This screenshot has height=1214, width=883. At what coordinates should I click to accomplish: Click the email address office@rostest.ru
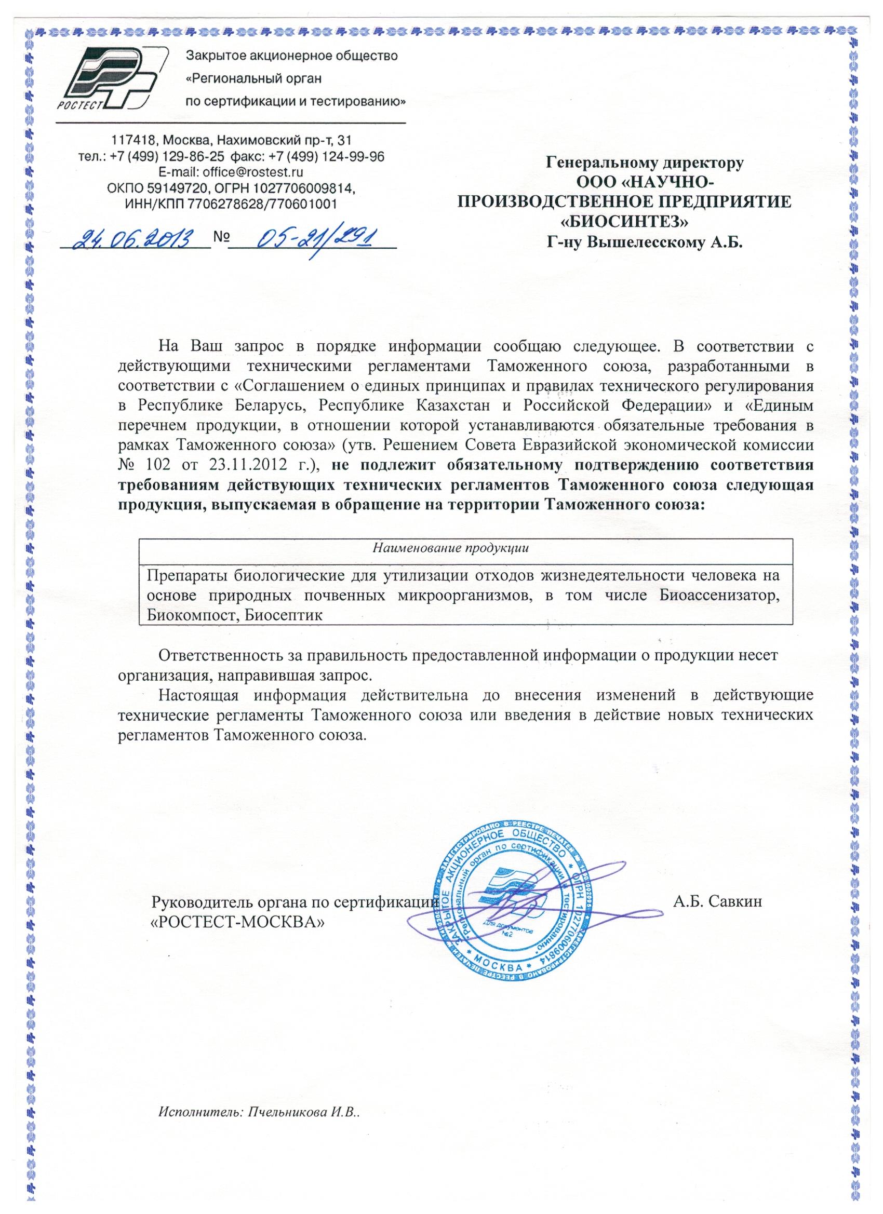[253, 172]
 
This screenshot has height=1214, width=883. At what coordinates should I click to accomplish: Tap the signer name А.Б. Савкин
[717, 901]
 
